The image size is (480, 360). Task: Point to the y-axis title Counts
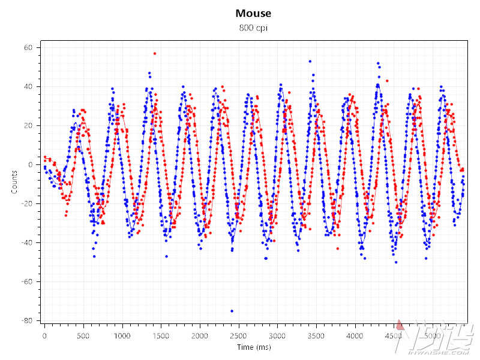click(14, 183)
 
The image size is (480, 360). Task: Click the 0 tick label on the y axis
click(31, 164)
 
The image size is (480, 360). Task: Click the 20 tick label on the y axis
click(28, 125)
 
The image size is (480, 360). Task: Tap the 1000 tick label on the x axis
click(122, 335)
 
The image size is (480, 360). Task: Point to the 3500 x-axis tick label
click(316, 335)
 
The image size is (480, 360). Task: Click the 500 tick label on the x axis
click(83, 335)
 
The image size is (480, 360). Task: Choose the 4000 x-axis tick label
click(355, 335)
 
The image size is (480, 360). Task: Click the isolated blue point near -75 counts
click(232, 311)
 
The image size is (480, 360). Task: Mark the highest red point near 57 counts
click(154, 53)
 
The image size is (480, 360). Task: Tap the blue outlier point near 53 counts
click(310, 61)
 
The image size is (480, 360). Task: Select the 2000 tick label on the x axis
click(200, 335)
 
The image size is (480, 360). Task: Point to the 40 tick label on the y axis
click(28, 86)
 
